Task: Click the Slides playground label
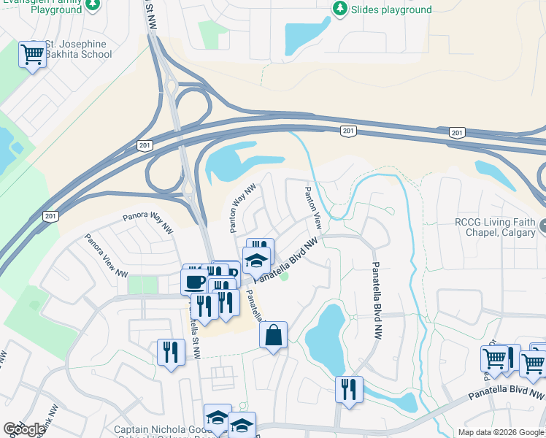[391, 10]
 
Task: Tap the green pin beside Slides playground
[339, 9]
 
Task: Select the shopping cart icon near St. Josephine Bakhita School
[32, 55]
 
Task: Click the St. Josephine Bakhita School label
[76, 49]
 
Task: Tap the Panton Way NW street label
[242, 209]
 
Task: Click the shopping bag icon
[273, 336]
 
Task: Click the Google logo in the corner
[24, 430]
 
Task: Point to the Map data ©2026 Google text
[501, 432]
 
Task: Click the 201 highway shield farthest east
[457, 132]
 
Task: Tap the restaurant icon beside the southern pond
[349, 389]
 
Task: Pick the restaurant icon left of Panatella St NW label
[171, 353]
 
